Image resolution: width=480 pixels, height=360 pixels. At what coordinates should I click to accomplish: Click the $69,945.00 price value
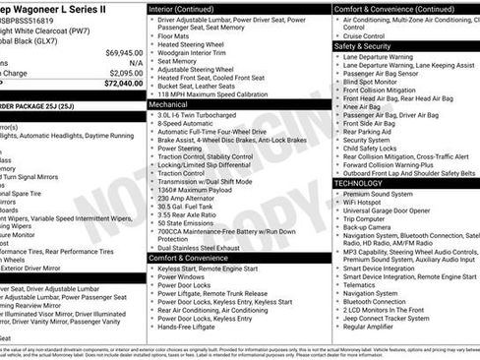tap(124, 52)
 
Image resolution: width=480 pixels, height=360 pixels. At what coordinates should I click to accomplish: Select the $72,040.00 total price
tap(124, 84)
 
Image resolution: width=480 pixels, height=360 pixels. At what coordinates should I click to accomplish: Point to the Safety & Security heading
tap(372, 46)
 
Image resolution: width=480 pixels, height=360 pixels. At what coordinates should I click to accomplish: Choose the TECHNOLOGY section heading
tap(366, 183)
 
